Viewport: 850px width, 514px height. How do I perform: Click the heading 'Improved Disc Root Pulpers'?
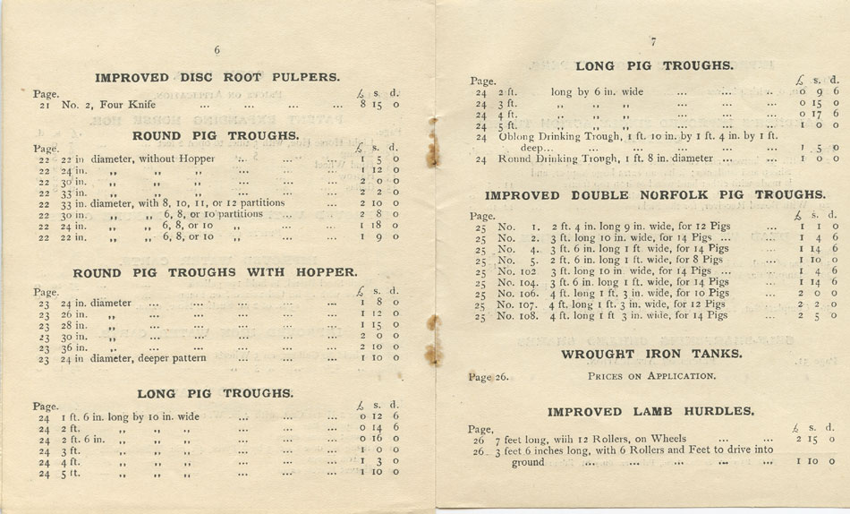coord(217,77)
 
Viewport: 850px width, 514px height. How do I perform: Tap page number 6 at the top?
coord(217,50)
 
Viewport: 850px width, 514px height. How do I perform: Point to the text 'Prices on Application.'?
coord(651,376)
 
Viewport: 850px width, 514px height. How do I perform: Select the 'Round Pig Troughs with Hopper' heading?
coord(215,272)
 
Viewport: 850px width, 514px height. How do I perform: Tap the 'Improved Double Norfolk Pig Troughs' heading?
coord(655,194)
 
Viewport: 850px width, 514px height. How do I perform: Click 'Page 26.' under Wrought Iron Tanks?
coord(489,377)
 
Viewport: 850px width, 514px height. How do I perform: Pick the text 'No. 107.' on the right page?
coord(519,304)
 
